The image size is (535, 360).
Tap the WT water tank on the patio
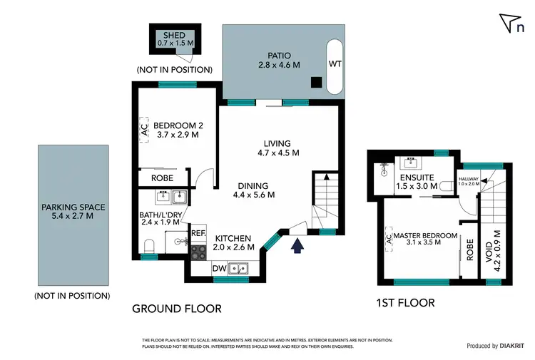click(335, 64)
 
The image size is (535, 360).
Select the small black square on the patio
click(315, 82)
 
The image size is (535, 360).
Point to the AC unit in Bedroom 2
click(143, 130)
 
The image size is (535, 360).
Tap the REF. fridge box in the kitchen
click(198, 233)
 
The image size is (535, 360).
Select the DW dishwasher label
click(220, 269)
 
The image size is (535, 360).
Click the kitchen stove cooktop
click(198, 251)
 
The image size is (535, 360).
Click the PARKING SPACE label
click(73, 207)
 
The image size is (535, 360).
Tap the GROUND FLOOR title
click(176, 309)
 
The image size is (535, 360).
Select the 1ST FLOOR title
click(405, 303)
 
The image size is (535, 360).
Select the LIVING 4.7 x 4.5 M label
click(277, 148)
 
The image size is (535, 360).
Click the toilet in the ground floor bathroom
click(148, 247)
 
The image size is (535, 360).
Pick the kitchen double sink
click(240, 269)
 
